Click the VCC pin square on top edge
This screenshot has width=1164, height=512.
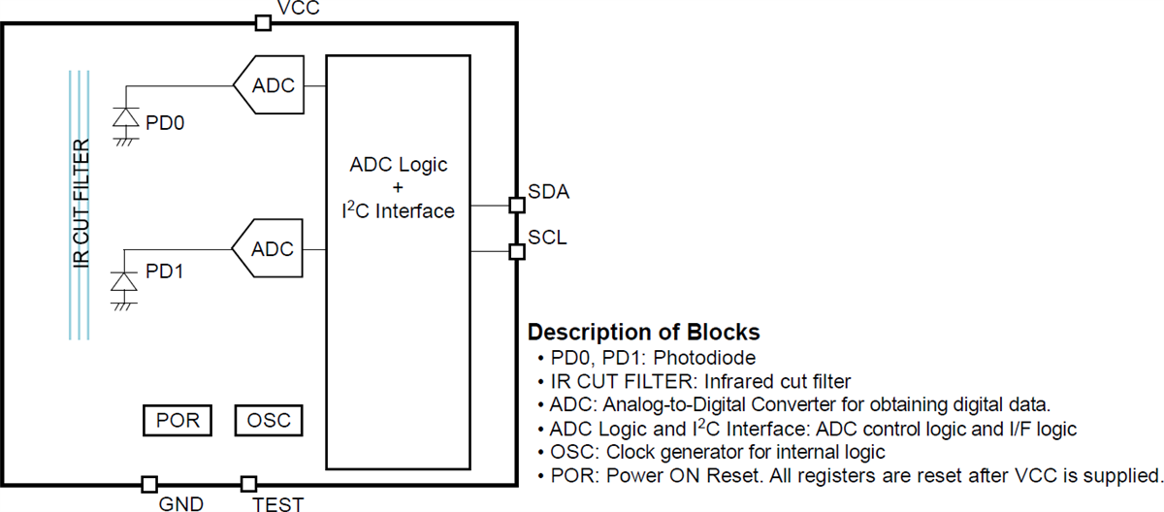262,22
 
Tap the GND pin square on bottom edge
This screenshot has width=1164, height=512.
149,484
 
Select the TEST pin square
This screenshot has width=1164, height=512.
249,484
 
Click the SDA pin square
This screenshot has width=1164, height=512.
517,205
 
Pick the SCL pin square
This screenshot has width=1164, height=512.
517,252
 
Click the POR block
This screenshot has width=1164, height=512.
177,421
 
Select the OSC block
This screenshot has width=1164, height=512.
269,421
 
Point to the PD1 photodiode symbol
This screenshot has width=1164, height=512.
124,281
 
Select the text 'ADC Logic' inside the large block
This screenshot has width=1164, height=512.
399,164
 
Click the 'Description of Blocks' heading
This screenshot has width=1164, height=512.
643,333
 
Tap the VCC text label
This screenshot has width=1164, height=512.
299,9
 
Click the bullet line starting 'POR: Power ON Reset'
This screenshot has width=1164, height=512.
849,476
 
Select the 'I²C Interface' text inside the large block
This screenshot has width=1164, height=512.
399,210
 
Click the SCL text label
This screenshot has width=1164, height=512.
548,237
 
